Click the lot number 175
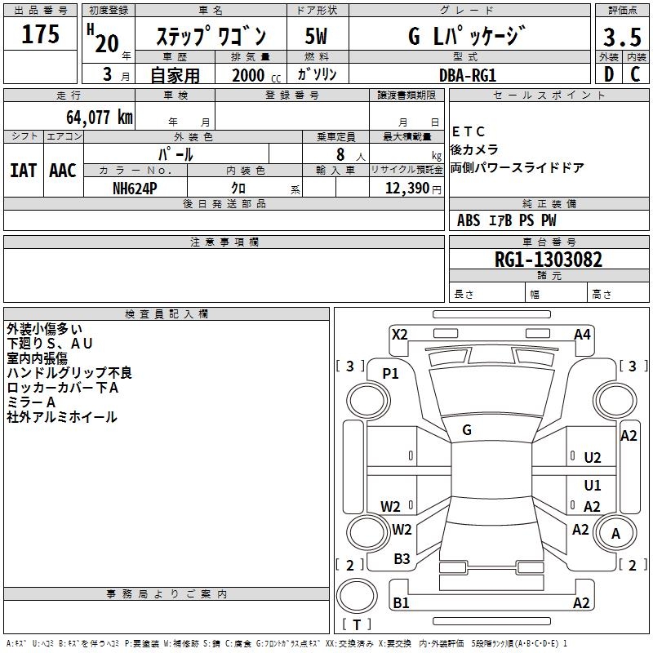(41, 35)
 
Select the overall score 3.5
(620, 38)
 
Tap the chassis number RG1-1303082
(549, 260)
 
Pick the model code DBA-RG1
(468, 74)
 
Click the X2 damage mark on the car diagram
(399, 334)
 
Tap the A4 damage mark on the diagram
(582, 334)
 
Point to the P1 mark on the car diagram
(391, 373)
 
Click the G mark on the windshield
(467, 429)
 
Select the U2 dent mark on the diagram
(593, 458)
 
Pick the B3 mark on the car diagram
(402, 559)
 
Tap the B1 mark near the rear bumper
(401, 603)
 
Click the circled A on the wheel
(616, 533)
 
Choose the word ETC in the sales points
(469, 132)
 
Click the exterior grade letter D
(608, 74)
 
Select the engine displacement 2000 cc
(251, 75)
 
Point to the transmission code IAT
(23, 171)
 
